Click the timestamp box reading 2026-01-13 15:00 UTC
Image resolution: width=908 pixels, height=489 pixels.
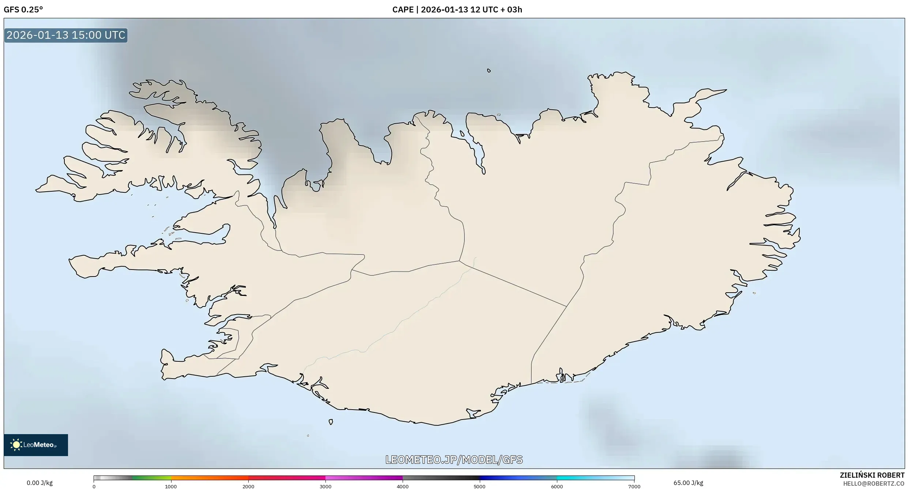tap(66, 35)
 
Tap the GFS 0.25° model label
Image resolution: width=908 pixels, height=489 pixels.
tap(23, 10)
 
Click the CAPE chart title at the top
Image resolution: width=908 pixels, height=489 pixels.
tap(457, 10)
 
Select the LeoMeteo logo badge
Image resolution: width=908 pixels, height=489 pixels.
tap(36, 445)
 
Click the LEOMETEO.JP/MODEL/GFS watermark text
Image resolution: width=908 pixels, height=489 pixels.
tap(454, 460)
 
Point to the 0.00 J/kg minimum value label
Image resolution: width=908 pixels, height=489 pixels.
tap(39, 483)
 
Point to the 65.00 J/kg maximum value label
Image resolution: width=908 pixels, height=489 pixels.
tap(688, 483)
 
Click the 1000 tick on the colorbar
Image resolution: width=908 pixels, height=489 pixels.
tap(171, 486)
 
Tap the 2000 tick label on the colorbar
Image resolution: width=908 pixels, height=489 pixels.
tap(248, 486)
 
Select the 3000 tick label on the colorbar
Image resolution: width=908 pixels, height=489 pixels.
tap(325, 486)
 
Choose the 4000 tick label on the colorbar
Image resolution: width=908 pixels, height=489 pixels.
tap(403, 486)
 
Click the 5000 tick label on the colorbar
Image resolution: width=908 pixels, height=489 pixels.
tap(480, 486)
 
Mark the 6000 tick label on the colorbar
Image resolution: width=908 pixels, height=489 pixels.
tap(557, 486)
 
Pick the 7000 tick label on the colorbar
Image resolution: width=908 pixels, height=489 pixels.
tap(634, 486)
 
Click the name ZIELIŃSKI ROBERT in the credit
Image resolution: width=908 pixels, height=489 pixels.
tap(872, 475)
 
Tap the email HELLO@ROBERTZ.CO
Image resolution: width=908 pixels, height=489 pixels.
tap(873, 484)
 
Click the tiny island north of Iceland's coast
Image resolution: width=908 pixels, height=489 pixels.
tap(489, 71)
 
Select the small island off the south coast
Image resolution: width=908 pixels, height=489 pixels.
tap(331, 422)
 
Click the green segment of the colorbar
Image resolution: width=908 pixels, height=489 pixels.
tap(152, 478)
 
